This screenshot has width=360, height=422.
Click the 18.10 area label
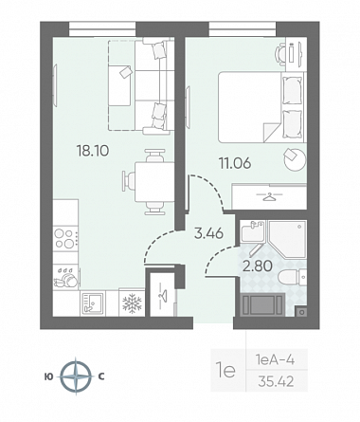pyautogui.click(x=93, y=151)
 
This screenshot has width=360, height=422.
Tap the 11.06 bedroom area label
pyautogui.click(x=235, y=163)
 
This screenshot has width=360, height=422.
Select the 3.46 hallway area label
pyautogui.click(x=208, y=233)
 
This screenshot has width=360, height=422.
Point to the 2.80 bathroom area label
pyautogui.click(x=257, y=266)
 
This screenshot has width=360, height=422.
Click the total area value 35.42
pyautogui.click(x=276, y=381)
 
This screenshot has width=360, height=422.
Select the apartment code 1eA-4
pyautogui.click(x=275, y=359)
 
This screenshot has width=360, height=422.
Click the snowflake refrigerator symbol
pyautogui.click(x=132, y=303)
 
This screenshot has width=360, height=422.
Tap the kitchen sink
pyautogui.click(x=92, y=303)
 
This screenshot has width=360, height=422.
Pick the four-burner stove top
pyautogui.click(x=65, y=239)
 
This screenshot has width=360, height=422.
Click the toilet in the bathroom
pyautogui.click(x=292, y=277)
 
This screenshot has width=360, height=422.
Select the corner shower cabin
pyautogui.click(x=287, y=239)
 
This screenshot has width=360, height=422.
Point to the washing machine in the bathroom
pyautogui.click(x=262, y=304)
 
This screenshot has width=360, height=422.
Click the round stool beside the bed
pyautogui.click(x=295, y=159)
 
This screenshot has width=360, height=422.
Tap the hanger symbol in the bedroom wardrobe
pyautogui.click(x=269, y=197)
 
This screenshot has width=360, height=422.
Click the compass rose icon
pyautogui.click(x=76, y=376)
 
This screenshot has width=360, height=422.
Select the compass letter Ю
pyautogui.click(x=49, y=376)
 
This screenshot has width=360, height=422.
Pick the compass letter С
pyautogui.click(x=101, y=376)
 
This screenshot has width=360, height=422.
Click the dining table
pyautogui.click(x=154, y=182)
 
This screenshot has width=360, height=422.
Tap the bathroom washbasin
pyautogui.click(x=252, y=232)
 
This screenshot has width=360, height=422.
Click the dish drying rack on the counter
pyautogui.click(x=66, y=277)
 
